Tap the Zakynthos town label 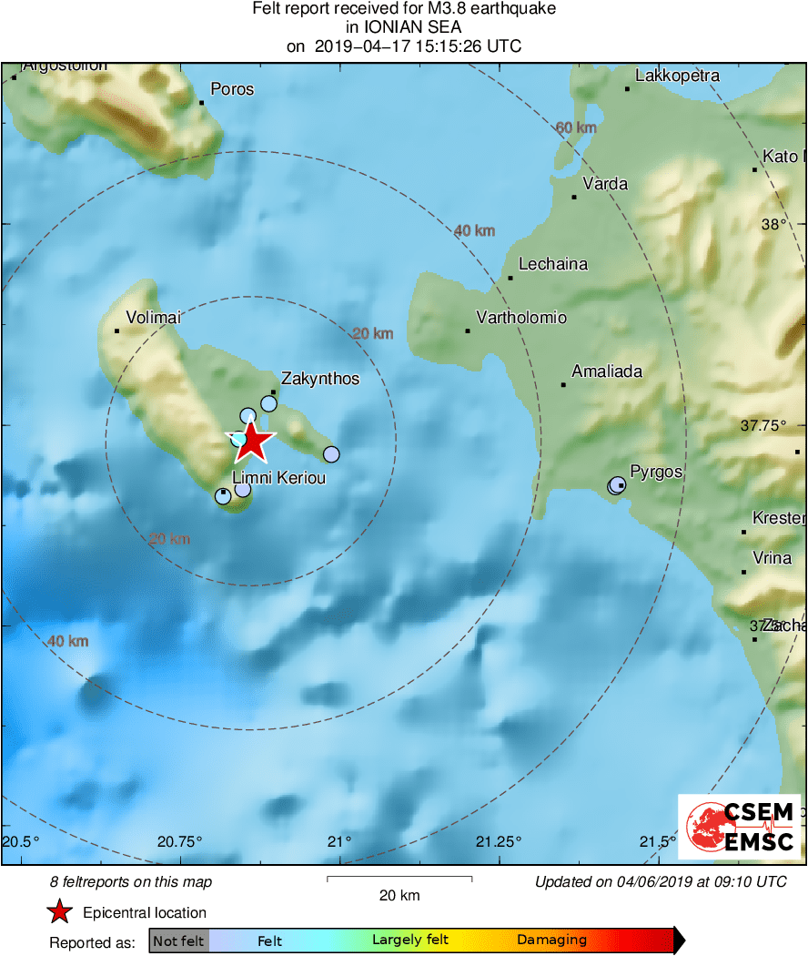tap(320, 379)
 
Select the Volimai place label tap(154, 318)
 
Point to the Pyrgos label tap(656, 473)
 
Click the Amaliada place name tap(607, 371)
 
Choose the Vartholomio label tap(521, 318)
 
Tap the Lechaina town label tap(553, 264)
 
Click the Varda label tap(605, 184)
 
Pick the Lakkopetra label tap(677, 76)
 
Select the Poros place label tap(232, 89)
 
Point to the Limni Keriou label tap(279, 479)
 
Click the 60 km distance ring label tap(576, 127)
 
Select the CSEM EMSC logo tap(739, 826)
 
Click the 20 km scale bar tap(399, 879)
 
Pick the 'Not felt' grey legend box tap(178, 941)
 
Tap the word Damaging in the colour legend tap(551, 941)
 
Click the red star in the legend tap(59, 912)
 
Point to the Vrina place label tap(773, 558)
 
